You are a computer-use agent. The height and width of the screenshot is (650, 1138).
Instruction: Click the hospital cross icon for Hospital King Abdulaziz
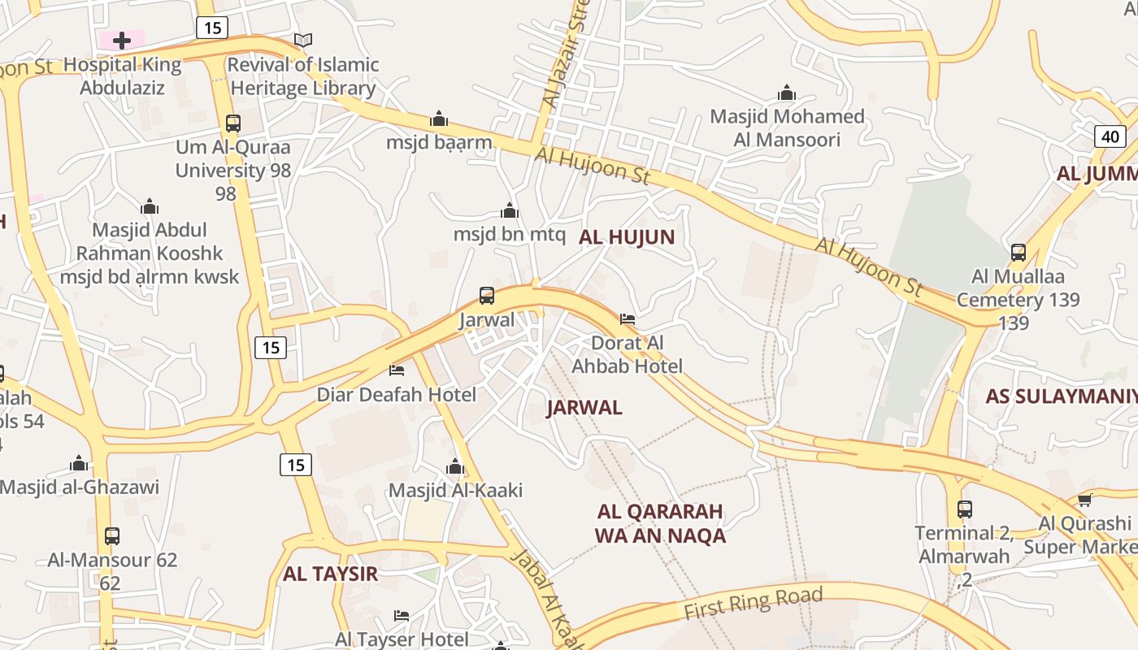(122, 40)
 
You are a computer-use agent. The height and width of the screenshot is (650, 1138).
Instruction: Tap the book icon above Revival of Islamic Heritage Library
(303, 40)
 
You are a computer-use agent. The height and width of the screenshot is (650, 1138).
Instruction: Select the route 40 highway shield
(1110, 136)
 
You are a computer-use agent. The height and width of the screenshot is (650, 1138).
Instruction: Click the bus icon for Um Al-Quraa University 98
(233, 123)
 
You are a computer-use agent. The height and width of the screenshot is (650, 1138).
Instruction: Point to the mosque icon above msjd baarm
(439, 119)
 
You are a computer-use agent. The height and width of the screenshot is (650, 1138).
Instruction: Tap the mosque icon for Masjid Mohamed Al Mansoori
(786, 93)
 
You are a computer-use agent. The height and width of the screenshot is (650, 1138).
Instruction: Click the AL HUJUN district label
(627, 237)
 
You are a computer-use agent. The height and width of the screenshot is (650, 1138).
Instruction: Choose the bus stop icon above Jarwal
(487, 296)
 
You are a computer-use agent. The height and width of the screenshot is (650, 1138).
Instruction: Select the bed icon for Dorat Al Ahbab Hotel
(628, 318)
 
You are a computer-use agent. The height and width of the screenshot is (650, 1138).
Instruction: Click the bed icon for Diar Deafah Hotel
(397, 370)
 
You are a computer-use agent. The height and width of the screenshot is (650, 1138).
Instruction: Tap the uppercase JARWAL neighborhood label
(584, 408)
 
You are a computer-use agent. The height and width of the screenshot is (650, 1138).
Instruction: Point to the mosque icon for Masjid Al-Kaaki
(455, 466)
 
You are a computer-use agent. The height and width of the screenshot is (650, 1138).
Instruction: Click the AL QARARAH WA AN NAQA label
(660, 523)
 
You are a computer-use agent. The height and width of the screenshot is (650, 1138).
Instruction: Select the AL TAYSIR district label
(330, 574)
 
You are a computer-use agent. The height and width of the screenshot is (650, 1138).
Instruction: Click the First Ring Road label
(753, 603)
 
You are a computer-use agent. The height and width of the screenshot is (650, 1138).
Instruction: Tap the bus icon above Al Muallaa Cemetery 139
(1019, 253)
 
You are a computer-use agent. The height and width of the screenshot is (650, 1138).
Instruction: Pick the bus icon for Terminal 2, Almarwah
(965, 509)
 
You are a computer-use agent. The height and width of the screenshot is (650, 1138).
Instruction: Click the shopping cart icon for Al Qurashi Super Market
(1084, 500)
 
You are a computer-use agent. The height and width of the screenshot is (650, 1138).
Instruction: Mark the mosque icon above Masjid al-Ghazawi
(79, 463)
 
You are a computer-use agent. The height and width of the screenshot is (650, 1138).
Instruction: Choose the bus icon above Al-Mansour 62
(112, 536)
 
